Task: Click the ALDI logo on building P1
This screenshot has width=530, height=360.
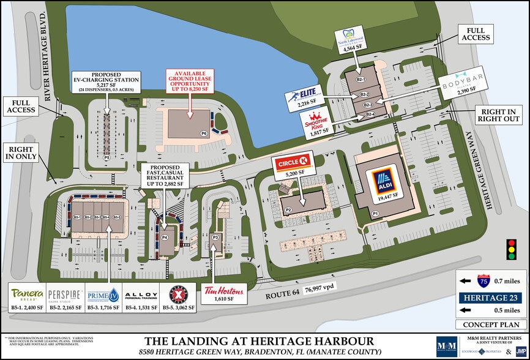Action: pos(383,180)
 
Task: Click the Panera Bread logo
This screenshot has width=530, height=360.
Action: pos(28,293)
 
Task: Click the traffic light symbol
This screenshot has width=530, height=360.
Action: pos(510,250)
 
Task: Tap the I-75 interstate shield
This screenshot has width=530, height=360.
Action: pos(483,282)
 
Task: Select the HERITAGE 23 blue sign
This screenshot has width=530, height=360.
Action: pos(493,298)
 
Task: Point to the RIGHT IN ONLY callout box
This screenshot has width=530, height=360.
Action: pos(21,152)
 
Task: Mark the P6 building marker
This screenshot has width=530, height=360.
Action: pos(203,133)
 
